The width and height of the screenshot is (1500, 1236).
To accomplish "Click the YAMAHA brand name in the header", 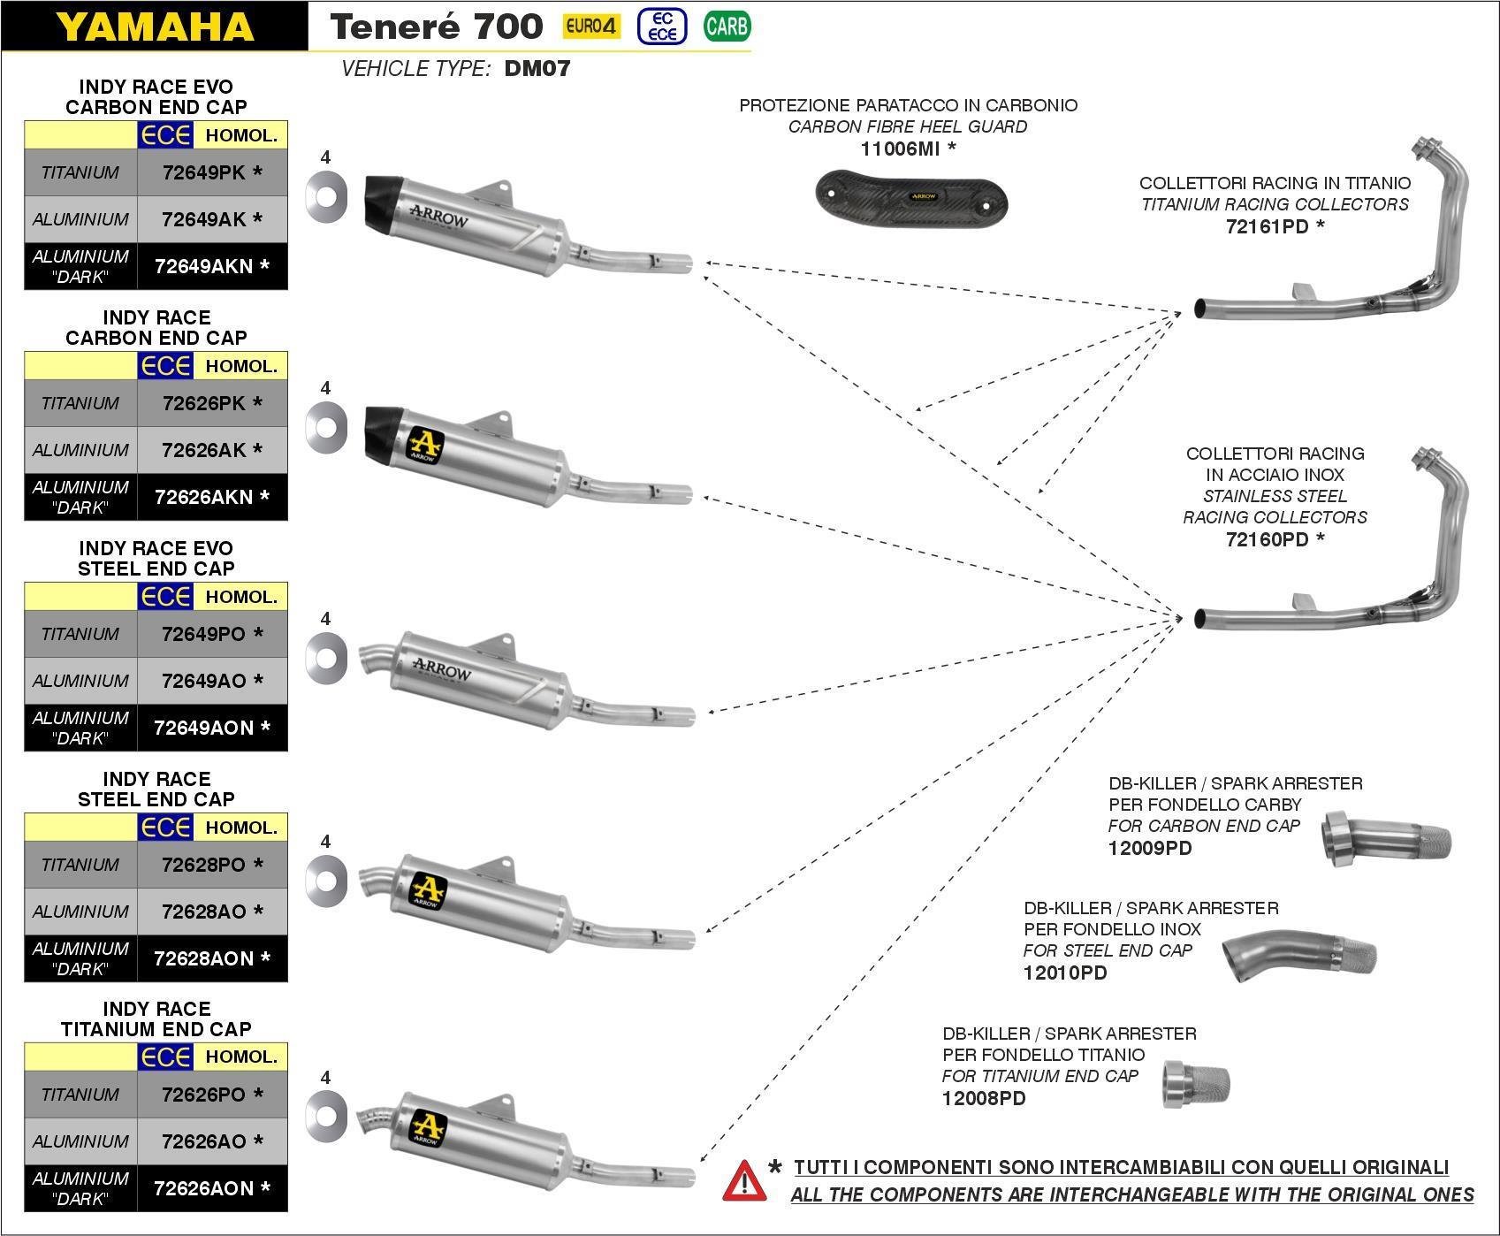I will (155, 27).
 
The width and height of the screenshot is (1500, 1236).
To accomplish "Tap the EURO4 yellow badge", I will (590, 27).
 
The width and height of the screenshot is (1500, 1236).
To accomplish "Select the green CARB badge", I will (727, 27).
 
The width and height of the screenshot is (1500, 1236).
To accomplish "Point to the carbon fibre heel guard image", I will (910, 195).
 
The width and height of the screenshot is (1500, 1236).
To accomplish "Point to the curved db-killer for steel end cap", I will (1299, 957).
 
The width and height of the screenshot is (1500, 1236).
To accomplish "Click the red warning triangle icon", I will (744, 1181).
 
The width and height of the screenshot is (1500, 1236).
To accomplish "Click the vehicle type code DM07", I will (537, 68).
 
